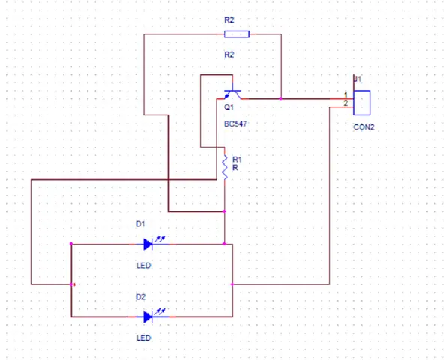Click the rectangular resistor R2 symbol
(237, 34)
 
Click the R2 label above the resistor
(229, 20)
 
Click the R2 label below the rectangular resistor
(229, 55)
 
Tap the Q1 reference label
(229, 107)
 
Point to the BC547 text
(235, 124)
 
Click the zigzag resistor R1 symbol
(225, 167)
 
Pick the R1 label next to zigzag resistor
(237, 160)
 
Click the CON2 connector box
(362, 103)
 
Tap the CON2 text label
(364, 127)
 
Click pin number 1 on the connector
(346, 95)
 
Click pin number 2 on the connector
(346, 103)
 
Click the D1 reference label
(140, 224)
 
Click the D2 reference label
(140, 297)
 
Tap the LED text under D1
(143, 265)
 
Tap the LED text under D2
(143, 338)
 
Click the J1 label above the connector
(358, 79)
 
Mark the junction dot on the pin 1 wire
(281, 99)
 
